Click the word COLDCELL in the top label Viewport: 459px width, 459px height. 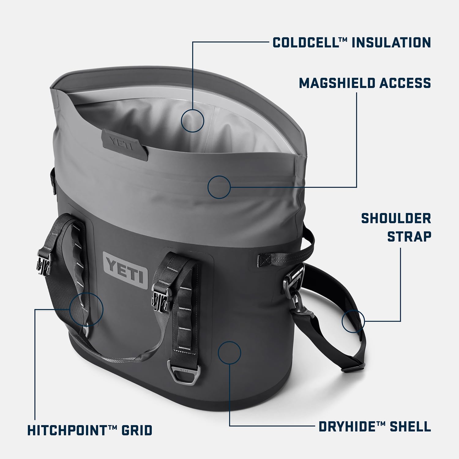[307, 42]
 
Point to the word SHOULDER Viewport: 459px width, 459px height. [396, 218]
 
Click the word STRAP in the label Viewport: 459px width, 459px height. [409, 237]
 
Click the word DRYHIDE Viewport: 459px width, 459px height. [347, 426]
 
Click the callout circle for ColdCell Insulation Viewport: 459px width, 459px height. [192, 121]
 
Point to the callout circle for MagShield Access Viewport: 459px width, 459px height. [219, 187]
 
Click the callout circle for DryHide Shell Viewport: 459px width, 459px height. [229, 353]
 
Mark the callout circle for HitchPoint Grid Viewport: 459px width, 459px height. [86, 309]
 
